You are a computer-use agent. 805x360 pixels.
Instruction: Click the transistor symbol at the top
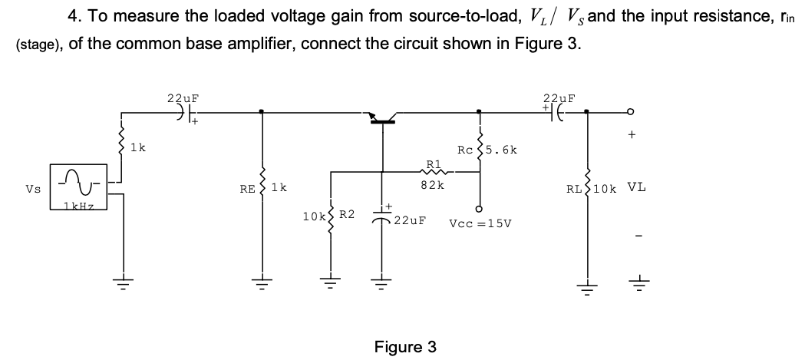pyautogui.click(x=381, y=117)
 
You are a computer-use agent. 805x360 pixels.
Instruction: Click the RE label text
pyautogui.click(x=247, y=187)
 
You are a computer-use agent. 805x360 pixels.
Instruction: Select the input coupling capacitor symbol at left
pyautogui.click(x=182, y=112)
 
